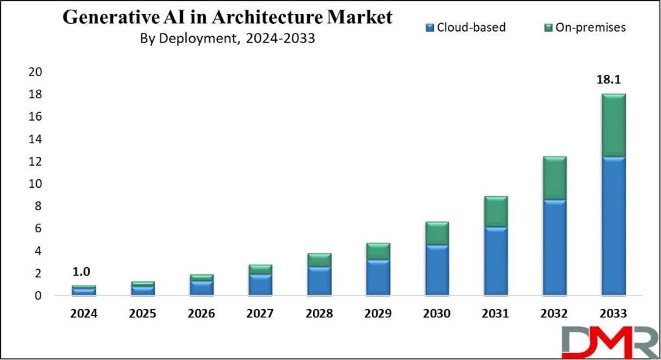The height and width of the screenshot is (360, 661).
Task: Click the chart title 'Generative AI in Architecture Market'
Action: tap(227, 17)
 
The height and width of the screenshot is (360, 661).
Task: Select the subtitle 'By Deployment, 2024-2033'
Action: tap(227, 38)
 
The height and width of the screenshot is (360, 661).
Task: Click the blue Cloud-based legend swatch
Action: tap(429, 27)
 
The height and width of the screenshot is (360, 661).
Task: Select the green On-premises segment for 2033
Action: tap(613, 125)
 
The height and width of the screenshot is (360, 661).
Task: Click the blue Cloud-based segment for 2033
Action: tap(613, 226)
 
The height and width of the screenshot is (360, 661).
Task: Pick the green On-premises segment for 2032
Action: tap(554, 177)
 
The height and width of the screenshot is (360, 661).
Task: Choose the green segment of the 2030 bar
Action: tap(437, 233)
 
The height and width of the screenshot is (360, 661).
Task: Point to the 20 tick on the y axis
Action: tap(35, 72)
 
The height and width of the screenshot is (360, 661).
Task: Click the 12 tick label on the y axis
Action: tap(35, 161)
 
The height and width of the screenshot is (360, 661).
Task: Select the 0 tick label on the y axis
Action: tap(38, 295)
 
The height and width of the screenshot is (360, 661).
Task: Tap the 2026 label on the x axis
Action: tap(201, 314)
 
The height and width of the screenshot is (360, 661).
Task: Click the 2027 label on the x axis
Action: tap(260, 314)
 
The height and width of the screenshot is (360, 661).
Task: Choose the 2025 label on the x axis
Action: tap(143, 314)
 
